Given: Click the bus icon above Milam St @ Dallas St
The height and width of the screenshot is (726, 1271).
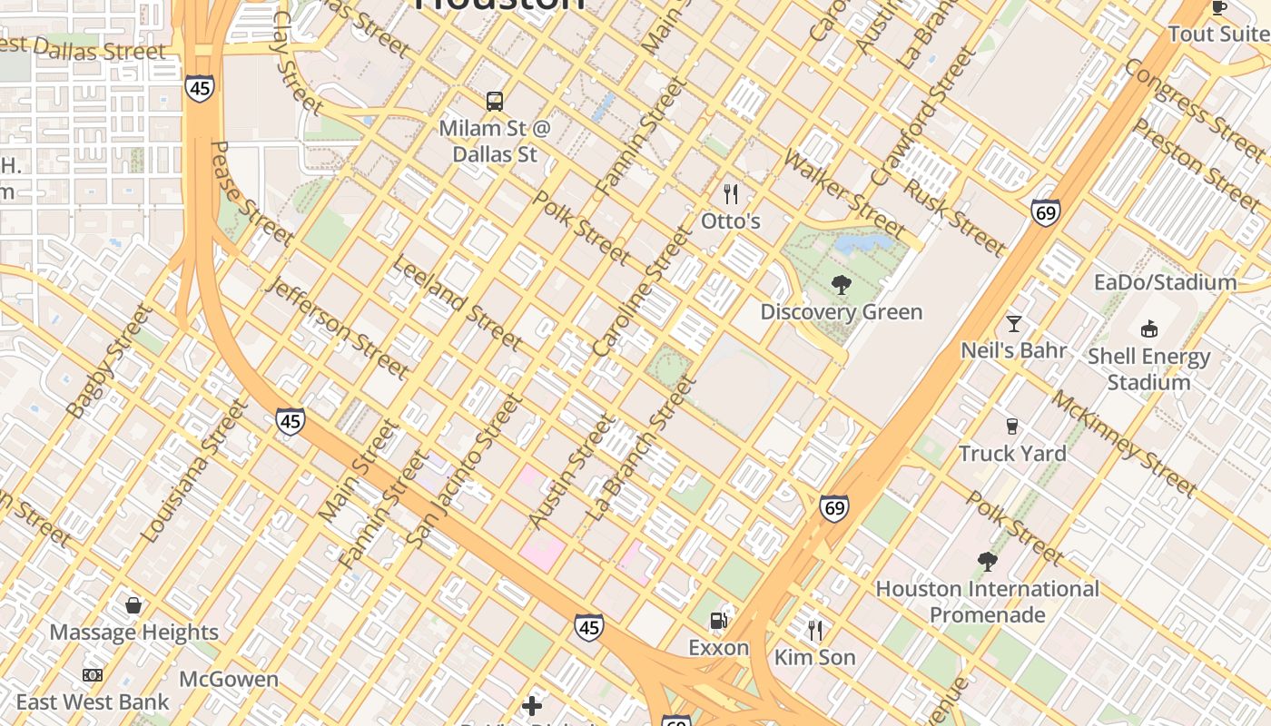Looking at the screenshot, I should coord(495,101).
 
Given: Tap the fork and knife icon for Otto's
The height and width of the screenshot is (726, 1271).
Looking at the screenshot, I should coord(730,193).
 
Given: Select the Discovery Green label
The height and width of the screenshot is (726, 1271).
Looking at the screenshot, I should coord(841,312).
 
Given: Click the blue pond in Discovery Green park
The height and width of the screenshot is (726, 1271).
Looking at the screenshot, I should coord(862,243).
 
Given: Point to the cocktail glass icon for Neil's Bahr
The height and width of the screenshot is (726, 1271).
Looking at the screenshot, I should coord(1013,323).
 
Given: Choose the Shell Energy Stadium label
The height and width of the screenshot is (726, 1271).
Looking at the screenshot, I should coord(1148,369).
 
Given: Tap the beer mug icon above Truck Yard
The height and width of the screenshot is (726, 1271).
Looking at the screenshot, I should coord(1012,426).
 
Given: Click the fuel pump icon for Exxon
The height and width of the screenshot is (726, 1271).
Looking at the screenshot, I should coord(718,621).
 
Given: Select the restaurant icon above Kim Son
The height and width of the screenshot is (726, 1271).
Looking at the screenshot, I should coord(815,630).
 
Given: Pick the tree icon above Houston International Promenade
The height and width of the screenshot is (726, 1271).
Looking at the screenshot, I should coord(987,562).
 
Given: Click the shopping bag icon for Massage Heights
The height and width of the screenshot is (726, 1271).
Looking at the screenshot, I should coord(133,605).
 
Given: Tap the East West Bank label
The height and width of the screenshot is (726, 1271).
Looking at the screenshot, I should coord(93,702).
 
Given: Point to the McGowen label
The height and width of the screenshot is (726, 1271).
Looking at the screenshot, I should coord(229,679).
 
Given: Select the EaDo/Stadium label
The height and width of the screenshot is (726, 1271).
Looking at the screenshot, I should coord(1165,282).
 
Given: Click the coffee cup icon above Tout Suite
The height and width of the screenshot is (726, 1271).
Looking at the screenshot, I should coord(1218,8).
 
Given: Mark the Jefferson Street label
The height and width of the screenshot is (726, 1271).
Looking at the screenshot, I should coord(339,328).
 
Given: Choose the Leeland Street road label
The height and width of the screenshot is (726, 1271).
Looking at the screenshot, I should coord(457,302).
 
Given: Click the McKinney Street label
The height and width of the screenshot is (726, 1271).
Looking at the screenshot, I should coord(1124,445).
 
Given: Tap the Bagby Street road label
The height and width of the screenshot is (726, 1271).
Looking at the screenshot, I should coord(108,362).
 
